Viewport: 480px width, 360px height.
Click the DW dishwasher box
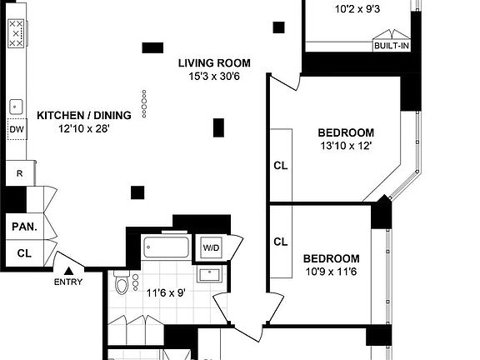(16, 129)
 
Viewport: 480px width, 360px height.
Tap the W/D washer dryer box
(207, 247)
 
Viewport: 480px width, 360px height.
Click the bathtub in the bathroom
(167, 247)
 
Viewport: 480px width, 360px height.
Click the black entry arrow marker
(69, 269)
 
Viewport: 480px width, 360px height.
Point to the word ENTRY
(69, 282)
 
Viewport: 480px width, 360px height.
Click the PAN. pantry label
(22, 226)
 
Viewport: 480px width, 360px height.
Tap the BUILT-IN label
(391, 46)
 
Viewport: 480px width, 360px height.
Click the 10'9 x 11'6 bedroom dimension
(331, 272)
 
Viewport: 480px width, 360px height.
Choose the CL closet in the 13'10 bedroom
(281, 165)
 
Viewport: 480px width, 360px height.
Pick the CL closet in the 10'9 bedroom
(281, 242)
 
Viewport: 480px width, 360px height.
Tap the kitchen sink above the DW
(16, 107)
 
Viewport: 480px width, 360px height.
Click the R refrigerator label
(18, 173)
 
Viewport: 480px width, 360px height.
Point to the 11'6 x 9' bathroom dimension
(165, 292)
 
